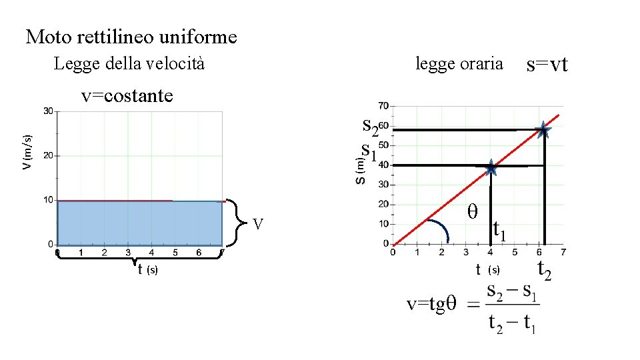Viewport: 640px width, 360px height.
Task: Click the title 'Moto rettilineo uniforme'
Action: point(131,37)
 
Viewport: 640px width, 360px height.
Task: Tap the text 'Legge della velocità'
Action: point(129,64)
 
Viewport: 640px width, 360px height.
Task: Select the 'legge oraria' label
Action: point(459,64)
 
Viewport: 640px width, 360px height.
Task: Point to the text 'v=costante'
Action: point(127,96)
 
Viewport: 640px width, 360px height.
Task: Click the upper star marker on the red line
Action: point(543,130)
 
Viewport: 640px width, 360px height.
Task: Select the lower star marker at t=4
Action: point(491,167)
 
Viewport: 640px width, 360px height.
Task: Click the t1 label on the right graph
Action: point(500,230)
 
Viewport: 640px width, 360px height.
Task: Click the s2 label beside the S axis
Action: point(370,125)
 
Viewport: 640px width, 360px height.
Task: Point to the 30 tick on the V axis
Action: point(48,111)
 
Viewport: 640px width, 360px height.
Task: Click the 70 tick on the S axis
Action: point(383,105)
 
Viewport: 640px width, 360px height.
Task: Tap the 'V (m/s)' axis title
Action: point(27,151)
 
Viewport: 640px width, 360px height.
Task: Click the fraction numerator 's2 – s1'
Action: point(511,291)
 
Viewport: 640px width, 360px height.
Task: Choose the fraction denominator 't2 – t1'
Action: point(512,323)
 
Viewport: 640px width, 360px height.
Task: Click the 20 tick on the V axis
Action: point(48,155)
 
